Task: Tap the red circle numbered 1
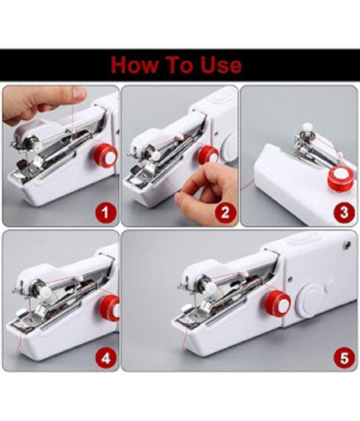pyautogui.click(x=105, y=212)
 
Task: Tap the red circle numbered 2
pyautogui.click(x=225, y=212)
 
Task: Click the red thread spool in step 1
pyautogui.click(x=106, y=156)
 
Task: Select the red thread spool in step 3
pyautogui.click(x=340, y=178)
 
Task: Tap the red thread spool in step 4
pyautogui.click(x=110, y=308)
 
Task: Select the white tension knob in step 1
pyautogui.click(x=37, y=146)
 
